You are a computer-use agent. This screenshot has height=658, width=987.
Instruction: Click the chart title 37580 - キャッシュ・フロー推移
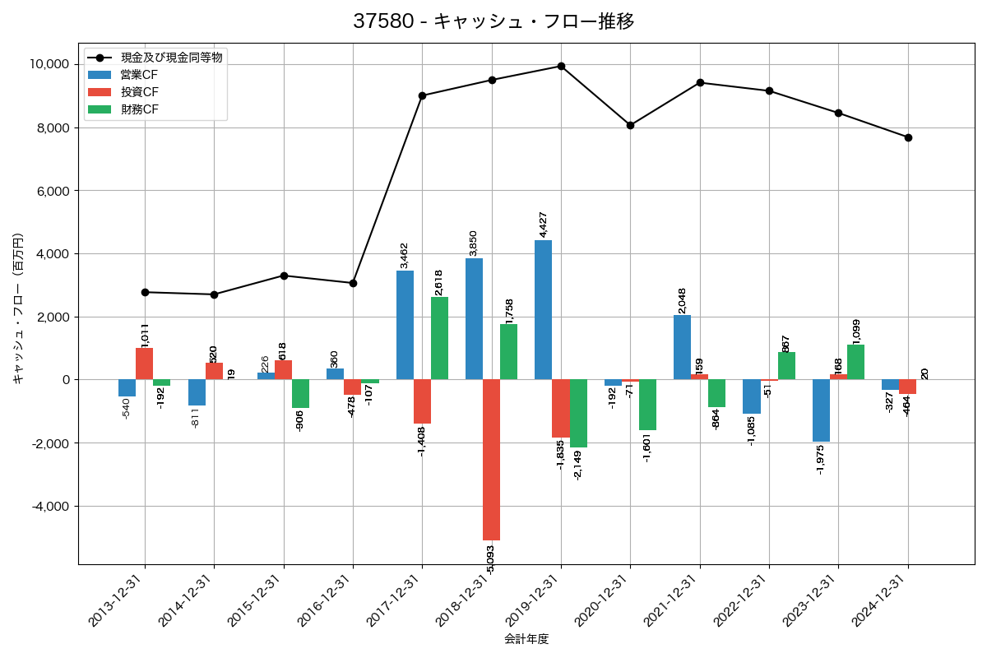point(493,21)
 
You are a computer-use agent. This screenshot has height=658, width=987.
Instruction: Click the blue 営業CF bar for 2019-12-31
point(543,310)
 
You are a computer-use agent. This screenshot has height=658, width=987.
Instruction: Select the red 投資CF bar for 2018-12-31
point(491,460)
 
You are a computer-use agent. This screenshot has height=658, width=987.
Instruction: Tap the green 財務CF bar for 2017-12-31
point(439,338)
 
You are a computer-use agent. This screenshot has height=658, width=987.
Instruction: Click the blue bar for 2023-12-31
point(821,410)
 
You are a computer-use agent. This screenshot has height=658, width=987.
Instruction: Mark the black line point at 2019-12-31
point(561,66)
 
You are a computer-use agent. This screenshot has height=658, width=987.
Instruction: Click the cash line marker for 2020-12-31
point(630,125)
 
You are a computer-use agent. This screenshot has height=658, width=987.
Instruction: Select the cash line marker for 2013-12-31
point(145,292)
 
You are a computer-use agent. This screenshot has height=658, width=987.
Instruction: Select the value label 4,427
point(544,225)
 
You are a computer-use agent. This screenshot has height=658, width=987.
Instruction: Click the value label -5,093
point(491,559)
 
